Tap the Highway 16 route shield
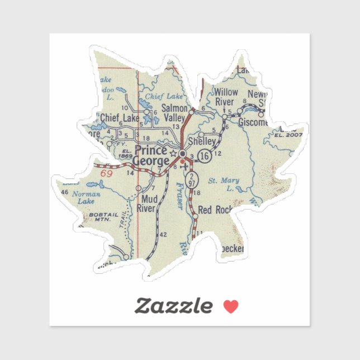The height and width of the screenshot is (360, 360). (x=205, y=157)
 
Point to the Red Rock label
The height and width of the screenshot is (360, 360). (x=215, y=210)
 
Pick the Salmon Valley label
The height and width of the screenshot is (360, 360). (x=173, y=113)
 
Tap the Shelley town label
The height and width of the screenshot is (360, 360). (x=202, y=141)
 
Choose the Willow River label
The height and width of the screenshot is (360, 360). (x=226, y=97)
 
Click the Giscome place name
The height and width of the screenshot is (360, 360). (x=253, y=122)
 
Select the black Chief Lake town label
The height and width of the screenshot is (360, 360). (x=120, y=118)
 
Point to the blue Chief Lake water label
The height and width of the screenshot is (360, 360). (x=160, y=96)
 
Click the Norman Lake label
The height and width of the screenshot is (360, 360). (x=89, y=197)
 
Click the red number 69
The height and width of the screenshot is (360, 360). (x=107, y=174)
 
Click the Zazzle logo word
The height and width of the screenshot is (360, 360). (x=174, y=306)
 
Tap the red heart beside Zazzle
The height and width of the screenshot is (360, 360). (x=231, y=306)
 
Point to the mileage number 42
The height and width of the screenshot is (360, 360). (x=163, y=235)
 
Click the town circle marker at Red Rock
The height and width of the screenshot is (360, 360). (x=195, y=216)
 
